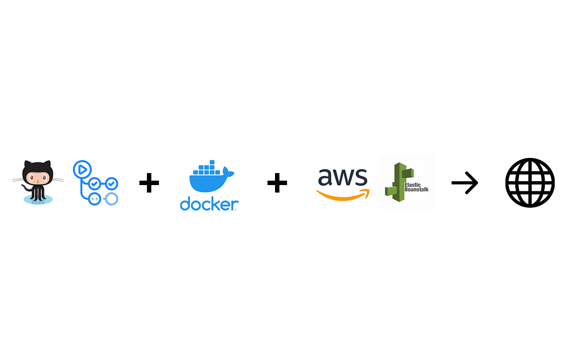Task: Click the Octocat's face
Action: pyautogui.click(x=38, y=178)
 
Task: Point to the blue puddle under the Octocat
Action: pyautogui.click(x=38, y=199)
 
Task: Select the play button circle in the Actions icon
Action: pyautogui.click(x=82, y=169)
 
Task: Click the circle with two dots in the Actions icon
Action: pyautogui.click(x=94, y=198)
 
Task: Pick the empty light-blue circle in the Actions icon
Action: pyautogui.click(x=112, y=198)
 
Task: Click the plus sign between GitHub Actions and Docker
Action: pyautogui.click(x=149, y=183)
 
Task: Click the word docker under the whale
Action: pyautogui.click(x=209, y=203)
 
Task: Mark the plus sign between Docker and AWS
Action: pyautogui.click(x=277, y=183)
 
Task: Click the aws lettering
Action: pyautogui.click(x=342, y=177)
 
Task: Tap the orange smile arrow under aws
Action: pyautogui.click(x=342, y=194)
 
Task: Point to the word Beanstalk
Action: pyautogui.click(x=417, y=189)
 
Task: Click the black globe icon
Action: pyautogui.click(x=530, y=183)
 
